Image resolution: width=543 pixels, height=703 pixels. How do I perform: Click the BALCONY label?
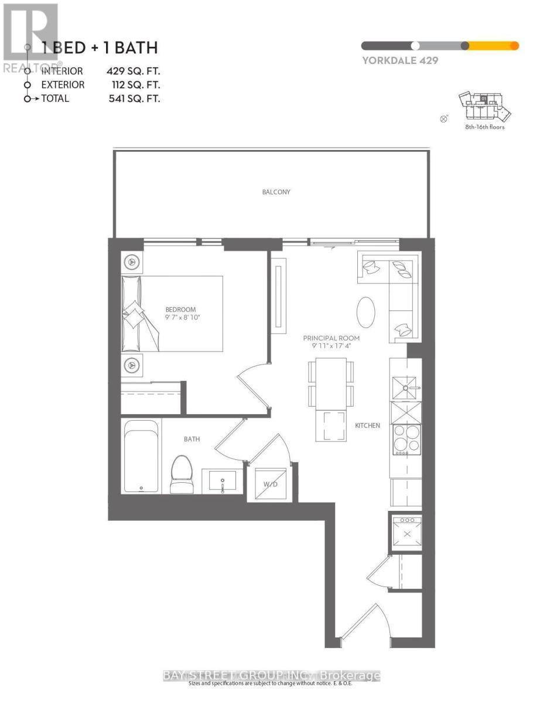click(276, 192)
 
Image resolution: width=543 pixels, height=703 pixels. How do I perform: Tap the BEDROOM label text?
click(180, 309)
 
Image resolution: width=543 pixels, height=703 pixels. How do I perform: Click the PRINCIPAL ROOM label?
click(331, 338)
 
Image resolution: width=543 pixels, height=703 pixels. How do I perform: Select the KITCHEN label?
click(367, 425)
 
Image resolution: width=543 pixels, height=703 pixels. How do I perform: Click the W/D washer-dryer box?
click(270, 484)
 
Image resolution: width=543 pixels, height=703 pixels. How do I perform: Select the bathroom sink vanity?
click(222, 481)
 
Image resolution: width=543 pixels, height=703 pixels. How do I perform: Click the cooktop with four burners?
click(407, 438)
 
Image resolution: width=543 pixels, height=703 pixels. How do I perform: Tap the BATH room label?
click(192, 439)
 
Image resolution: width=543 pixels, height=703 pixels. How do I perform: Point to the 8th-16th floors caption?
click(484, 127)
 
